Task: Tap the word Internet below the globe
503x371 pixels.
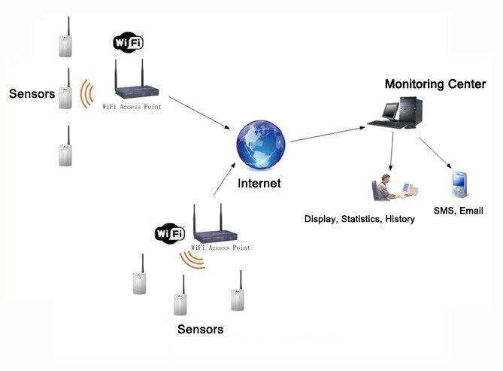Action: (259, 184)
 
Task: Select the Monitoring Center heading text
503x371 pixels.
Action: (435, 84)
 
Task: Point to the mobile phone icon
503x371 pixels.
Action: (459, 185)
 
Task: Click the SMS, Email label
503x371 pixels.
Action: (458, 211)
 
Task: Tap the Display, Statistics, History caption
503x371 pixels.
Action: (359, 219)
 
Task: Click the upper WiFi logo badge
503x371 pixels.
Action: (128, 42)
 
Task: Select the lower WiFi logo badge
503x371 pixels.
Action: (170, 233)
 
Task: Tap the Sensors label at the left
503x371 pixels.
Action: (32, 94)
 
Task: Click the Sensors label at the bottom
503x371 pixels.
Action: (200, 330)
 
